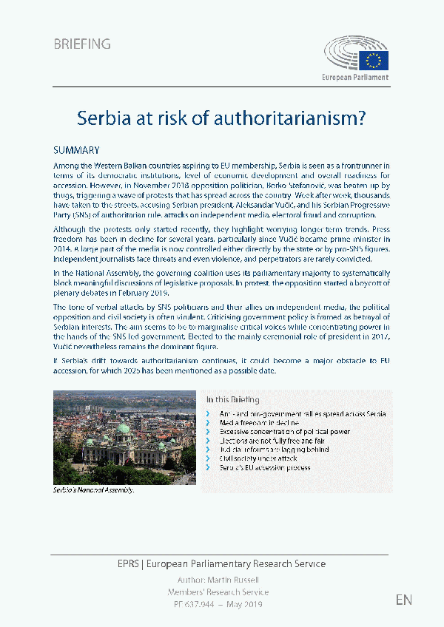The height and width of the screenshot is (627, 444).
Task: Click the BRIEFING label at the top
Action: point(82,44)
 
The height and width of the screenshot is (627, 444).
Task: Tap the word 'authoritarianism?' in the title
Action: point(298,117)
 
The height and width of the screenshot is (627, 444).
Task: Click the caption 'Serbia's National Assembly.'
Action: point(93,490)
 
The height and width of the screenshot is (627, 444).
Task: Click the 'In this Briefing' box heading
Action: point(234,399)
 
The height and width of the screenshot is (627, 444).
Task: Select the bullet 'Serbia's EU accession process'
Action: point(265,467)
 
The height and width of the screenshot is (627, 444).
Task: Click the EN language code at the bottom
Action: point(404,599)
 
